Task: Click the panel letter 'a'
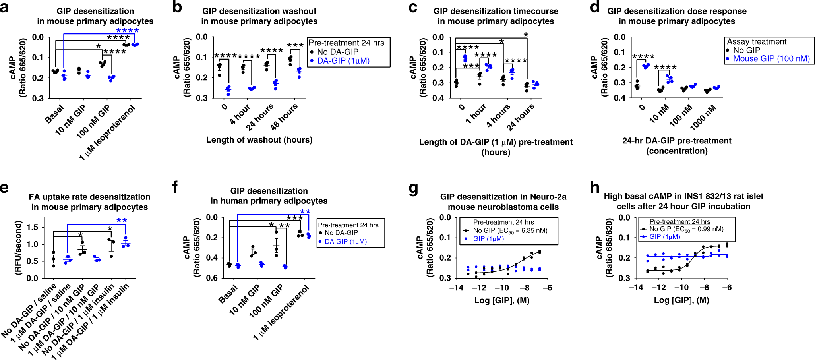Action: click(4, 8)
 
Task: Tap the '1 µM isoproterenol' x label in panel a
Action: click(108, 133)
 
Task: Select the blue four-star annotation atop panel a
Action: click(127, 31)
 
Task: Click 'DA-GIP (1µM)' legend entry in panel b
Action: click(343, 61)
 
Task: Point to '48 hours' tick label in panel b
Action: click(284, 117)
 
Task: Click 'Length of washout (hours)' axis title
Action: click(259, 140)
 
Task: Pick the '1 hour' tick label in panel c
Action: click(476, 114)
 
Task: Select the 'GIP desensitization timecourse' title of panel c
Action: click(496, 11)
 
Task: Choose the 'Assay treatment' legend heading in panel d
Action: click(757, 41)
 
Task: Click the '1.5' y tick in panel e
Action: click(33, 227)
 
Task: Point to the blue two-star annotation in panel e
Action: click(122, 221)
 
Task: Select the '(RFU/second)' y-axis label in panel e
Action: click(17, 248)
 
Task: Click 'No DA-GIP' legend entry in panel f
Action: click(341, 233)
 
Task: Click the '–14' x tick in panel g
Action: click(456, 288)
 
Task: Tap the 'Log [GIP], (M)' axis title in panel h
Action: click(681, 300)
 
